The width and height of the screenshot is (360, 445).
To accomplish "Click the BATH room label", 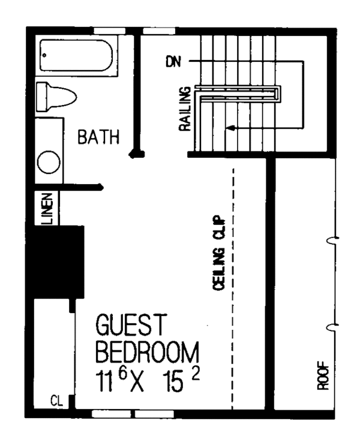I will (99, 138).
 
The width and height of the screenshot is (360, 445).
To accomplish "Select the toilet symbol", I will (56, 96).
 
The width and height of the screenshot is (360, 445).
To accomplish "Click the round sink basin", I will (49, 161).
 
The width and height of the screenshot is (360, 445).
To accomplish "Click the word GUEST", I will (130, 326).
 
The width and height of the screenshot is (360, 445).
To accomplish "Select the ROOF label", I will (323, 375).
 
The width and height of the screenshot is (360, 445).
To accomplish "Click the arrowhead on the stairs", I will (229, 128).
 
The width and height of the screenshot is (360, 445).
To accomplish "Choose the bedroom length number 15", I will (175, 381).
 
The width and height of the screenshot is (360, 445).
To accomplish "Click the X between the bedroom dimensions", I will (140, 381).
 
